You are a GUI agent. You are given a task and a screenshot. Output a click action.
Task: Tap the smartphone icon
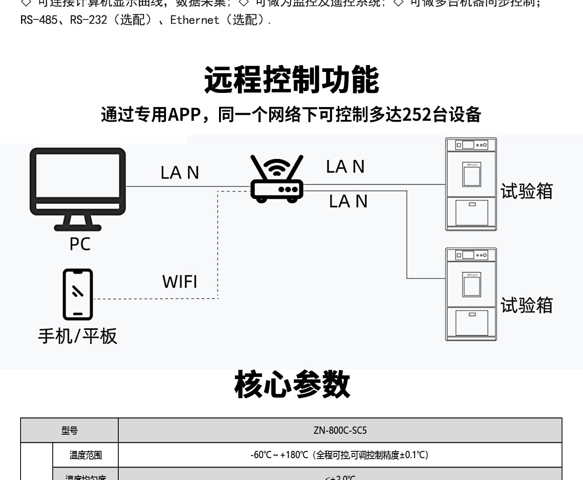78,294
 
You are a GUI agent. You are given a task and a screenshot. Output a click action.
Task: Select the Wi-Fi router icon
277,180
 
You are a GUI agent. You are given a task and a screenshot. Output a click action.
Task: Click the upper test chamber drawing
471,184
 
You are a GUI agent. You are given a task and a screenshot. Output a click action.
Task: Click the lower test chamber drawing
471,294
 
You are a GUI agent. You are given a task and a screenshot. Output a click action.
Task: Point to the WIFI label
180,282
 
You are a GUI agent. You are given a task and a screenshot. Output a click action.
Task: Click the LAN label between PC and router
180,173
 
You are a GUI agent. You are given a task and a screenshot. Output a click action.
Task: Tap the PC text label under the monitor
80,244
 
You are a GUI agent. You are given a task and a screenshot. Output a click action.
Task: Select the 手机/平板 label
78,336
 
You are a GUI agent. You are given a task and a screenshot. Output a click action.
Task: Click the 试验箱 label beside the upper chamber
526,191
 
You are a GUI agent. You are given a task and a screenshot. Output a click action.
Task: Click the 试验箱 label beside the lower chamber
526,306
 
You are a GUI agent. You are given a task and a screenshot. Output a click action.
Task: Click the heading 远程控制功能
291,80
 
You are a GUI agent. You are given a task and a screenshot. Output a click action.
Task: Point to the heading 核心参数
292,385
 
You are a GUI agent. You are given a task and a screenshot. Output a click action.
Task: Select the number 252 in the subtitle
418,115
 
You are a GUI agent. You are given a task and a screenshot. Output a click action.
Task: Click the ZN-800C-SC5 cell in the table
340,430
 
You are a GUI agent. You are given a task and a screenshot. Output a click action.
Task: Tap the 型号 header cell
69,430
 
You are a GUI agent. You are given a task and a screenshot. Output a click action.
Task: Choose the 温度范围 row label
86,455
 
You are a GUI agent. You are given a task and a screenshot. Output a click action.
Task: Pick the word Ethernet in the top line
195,20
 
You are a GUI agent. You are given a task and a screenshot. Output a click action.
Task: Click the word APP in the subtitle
184,115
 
